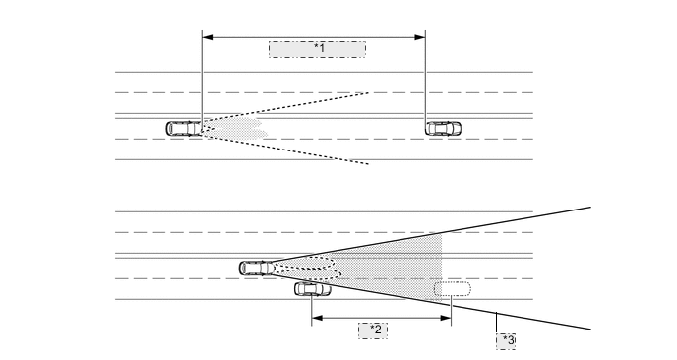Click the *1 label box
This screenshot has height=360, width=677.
(317, 49)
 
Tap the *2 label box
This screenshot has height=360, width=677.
(372, 329)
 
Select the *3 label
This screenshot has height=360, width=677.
(507, 339)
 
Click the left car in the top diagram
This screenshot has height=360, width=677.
(184, 128)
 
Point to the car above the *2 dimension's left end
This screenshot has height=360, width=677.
(313, 288)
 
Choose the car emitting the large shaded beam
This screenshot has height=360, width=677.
(256, 268)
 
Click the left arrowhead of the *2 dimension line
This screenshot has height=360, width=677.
(316, 319)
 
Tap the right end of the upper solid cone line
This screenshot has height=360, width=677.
(590, 208)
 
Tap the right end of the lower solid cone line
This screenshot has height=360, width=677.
(590, 328)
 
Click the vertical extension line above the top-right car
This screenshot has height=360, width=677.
(425, 79)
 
